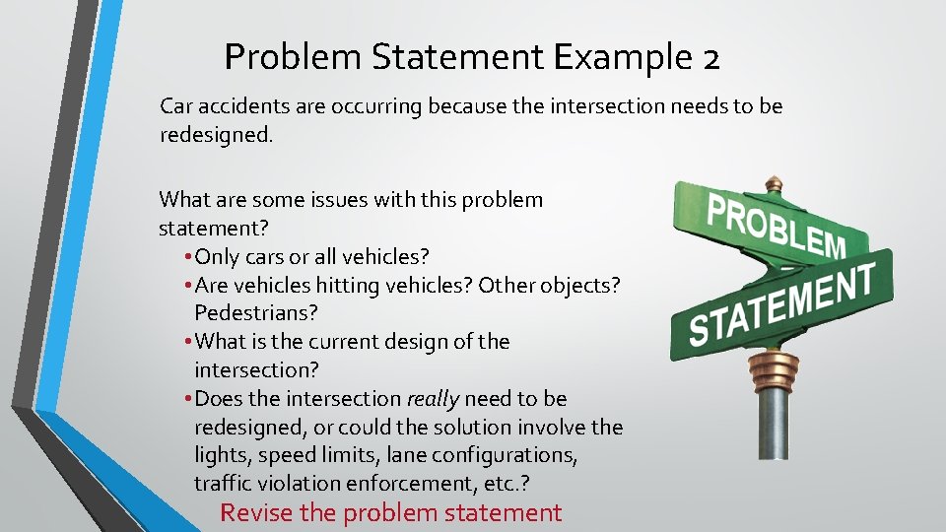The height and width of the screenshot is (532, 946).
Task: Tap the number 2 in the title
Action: [x=710, y=57]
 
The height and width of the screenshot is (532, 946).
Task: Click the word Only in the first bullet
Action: [x=218, y=257]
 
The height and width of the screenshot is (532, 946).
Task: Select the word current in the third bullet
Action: [x=321, y=342]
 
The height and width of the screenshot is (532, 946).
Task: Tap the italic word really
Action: [x=433, y=399]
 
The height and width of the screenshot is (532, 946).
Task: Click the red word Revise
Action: [x=253, y=512]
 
